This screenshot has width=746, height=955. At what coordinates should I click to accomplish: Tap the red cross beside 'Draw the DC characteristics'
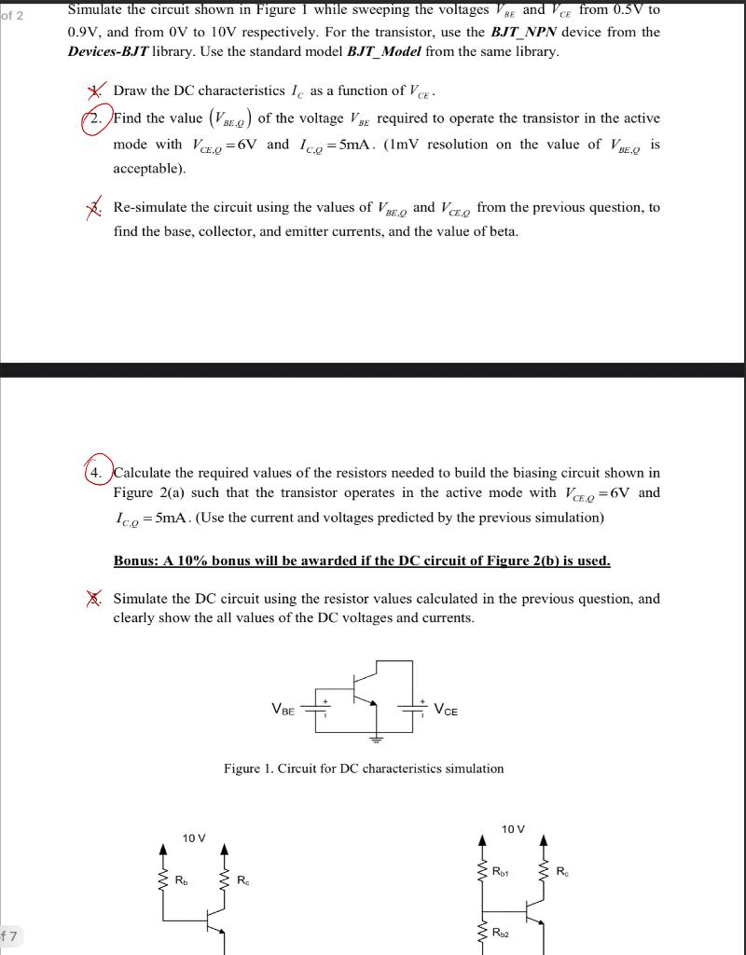[x=94, y=90]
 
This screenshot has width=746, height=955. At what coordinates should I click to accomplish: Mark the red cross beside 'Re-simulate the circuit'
[x=94, y=206]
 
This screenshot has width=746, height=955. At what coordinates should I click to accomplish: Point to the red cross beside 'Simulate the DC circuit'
[x=93, y=599]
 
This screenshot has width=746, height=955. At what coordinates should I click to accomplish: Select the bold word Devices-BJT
[x=107, y=51]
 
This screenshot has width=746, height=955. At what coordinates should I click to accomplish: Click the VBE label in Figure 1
[x=283, y=710]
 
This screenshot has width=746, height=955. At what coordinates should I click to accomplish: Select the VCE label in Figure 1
[x=446, y=710]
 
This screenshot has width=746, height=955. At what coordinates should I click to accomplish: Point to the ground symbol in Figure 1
[x=377, y=740]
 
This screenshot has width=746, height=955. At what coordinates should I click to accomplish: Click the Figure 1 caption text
[x=363, y=768]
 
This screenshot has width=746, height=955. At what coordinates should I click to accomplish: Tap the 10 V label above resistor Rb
[x=194, y=838]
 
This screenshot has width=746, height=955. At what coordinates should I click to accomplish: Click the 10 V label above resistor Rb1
[x=513, y=829]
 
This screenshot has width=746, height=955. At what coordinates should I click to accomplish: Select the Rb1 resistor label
[x=501, y=872]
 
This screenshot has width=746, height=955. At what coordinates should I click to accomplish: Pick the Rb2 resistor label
[x=501, y=932]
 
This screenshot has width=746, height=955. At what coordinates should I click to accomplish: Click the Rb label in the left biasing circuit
[x=182, y=879]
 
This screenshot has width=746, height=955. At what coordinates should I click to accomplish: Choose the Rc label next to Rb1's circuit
[x=560, y=872]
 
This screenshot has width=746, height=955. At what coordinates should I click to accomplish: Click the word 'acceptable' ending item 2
[x=148, y=169]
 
